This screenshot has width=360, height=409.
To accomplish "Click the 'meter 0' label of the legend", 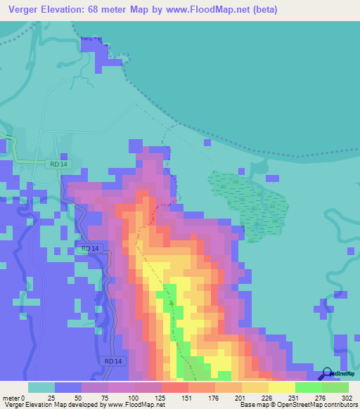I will tap(13, 397).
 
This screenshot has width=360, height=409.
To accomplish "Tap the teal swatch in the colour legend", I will tap(41, 387).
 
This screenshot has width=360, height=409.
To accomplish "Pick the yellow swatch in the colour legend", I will tap(281, 387).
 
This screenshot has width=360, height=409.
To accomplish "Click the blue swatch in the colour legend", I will tap(68, 387).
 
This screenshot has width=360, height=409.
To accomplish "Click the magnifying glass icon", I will tap(325, 375).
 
